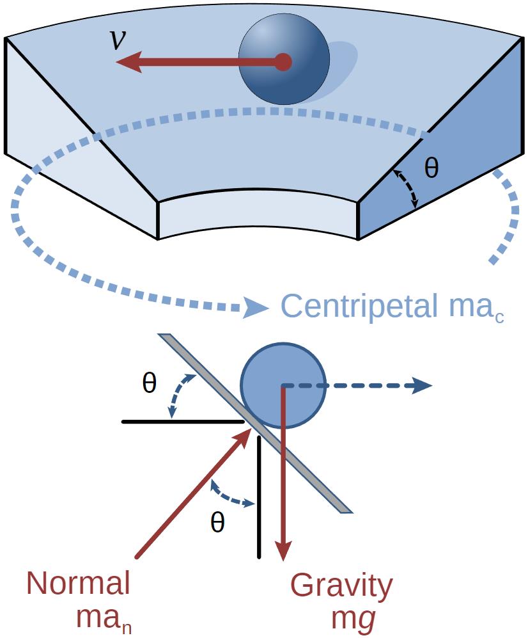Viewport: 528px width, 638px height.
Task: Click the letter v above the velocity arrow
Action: pos(118,39)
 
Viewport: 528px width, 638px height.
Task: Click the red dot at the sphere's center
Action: pos(283,62)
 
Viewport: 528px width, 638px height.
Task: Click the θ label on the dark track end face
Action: pos(431,168)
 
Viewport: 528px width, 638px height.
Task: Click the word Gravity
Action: pos(341,586)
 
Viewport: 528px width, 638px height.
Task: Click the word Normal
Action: pos(79,584)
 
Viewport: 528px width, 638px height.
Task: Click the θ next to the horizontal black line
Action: pos(149,384)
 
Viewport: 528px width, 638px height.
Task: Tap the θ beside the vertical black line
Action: pos(217,523)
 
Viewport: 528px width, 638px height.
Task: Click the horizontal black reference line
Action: pos(182,422)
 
